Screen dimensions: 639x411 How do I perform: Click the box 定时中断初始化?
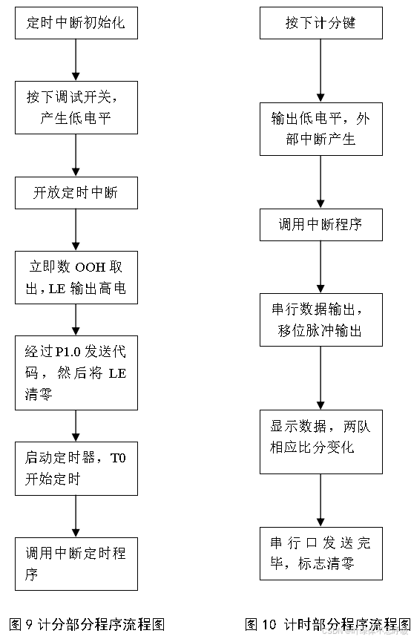coord(76,23)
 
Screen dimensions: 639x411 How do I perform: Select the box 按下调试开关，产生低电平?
coord(76,107)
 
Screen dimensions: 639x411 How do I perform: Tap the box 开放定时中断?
coord(76,193)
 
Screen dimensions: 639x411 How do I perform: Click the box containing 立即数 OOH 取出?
coord(76,278)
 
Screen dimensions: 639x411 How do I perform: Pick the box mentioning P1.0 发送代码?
coord(76,373)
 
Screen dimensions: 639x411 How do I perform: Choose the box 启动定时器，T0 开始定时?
coord(76,468)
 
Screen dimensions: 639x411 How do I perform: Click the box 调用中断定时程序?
coord(76,563)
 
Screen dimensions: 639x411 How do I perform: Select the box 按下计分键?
coord(320,23)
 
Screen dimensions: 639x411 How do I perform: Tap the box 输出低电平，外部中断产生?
coord(320,128)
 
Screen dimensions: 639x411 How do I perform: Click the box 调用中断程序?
coord(320,224)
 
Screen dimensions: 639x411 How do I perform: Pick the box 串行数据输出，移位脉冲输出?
coord(320,320)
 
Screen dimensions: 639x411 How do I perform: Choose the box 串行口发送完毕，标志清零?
coord(320,553)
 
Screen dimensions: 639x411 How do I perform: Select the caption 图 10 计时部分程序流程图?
coord(327,623)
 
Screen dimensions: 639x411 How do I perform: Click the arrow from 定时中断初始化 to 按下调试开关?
coord(76,59)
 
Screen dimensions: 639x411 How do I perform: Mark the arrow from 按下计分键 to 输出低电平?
coord(320,70)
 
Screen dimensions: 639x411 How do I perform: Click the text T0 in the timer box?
coord(119,459)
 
